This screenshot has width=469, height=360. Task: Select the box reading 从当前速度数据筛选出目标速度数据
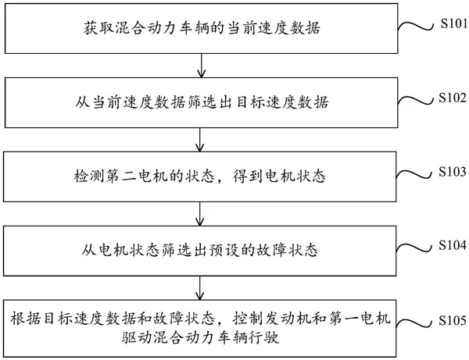pos(202,102)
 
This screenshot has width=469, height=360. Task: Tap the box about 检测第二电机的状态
pos(202,175)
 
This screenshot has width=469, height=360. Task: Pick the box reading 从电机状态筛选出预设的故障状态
pos(202,248)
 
